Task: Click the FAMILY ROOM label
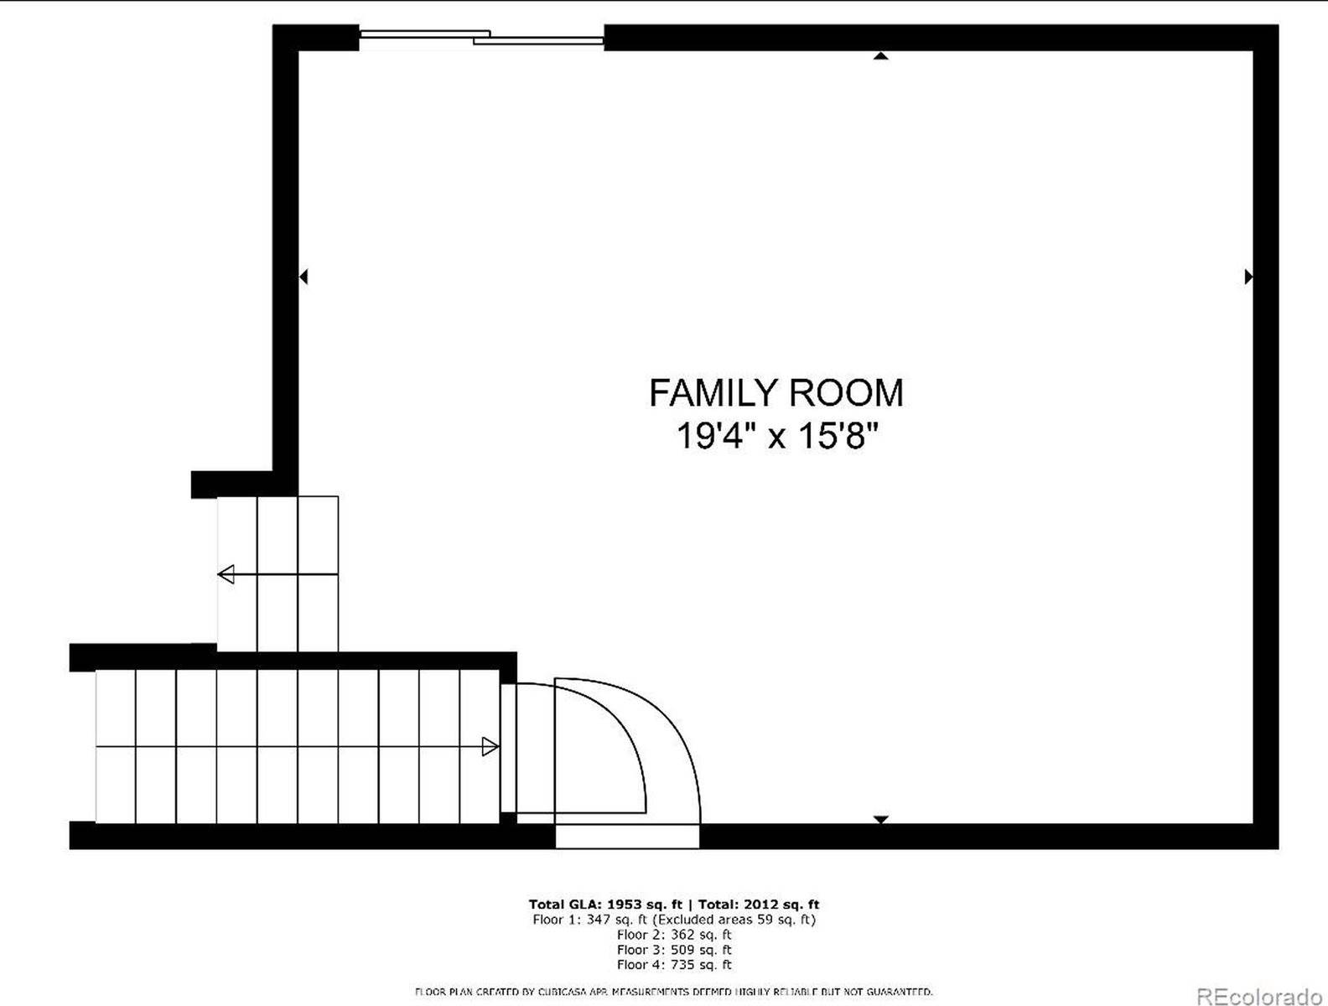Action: [x=776, y=392]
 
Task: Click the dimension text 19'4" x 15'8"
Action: [x=776, y=436]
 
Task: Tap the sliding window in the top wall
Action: [x=482, y=37]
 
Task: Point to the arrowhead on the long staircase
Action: [x=490, y=746]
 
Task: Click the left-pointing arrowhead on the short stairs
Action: [x=226, y=575]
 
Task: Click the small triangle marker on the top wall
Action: [x=880, y=56]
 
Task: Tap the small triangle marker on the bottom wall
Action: [x=880, y=818]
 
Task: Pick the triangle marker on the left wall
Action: [x=304, y=276]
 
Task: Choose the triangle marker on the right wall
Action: [x=1248, y=276]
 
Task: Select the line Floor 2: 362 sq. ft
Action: [x=674, y=935]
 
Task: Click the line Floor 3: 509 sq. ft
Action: [x=674, y=950]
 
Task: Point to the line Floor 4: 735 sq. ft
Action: [x=674, y=965]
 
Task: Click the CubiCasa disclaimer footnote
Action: [x=674, y=992]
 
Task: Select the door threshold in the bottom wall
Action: [x=626, y=836]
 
